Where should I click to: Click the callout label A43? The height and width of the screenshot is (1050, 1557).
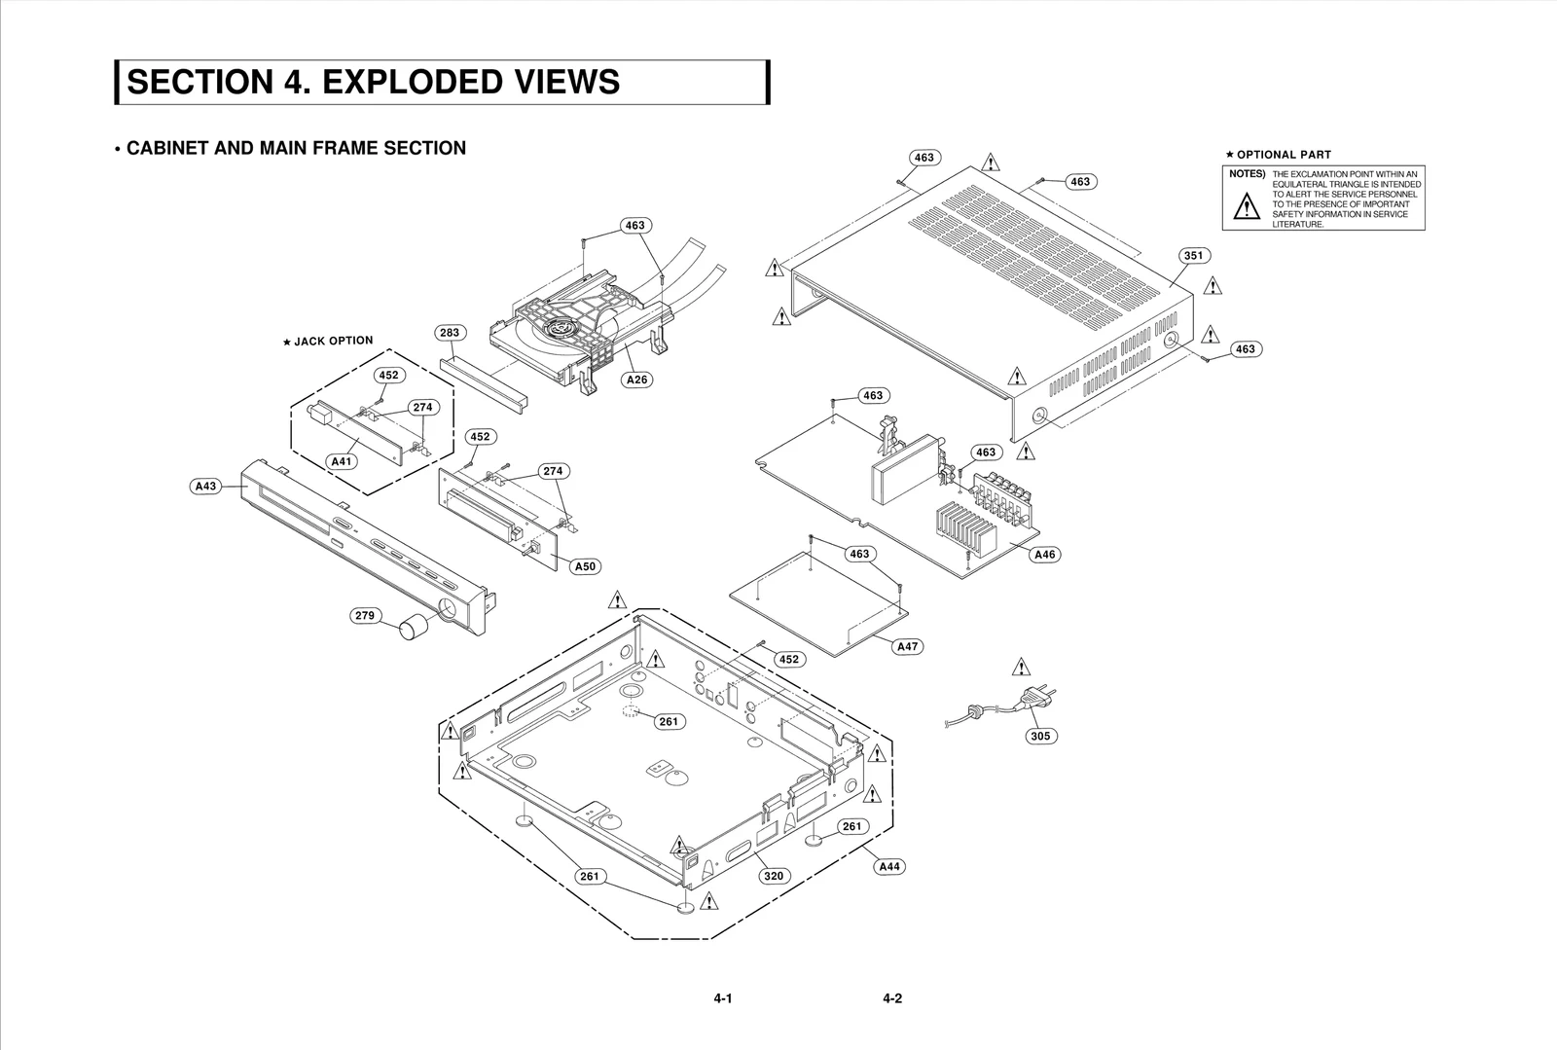(206, 486)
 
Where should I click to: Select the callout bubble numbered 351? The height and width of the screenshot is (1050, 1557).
(1194, 256)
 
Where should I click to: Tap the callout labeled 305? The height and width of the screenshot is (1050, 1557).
(1040, 736)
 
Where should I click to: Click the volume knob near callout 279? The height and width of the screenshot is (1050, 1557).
(416, 628)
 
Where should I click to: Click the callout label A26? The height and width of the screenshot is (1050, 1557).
(636, 380)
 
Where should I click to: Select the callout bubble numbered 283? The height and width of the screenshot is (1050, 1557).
(449, 333)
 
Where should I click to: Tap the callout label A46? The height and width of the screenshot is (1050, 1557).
(1044, 555)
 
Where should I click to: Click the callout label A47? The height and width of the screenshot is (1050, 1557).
(907, 646)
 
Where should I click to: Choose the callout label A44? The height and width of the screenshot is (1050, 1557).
(888, 866)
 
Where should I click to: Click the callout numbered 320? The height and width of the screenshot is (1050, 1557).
(773, 876)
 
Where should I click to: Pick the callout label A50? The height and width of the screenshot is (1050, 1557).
(585, 566)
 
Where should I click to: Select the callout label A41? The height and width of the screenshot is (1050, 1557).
(342, 461)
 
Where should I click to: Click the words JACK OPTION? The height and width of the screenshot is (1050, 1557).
(333, 341)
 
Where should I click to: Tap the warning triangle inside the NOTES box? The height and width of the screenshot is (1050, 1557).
(1246, 207)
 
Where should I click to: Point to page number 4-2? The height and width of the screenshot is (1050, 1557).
(892, 998)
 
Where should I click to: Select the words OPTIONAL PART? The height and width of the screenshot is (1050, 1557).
(1284, 154)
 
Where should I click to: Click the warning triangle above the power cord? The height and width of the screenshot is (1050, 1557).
(1020, 668)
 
